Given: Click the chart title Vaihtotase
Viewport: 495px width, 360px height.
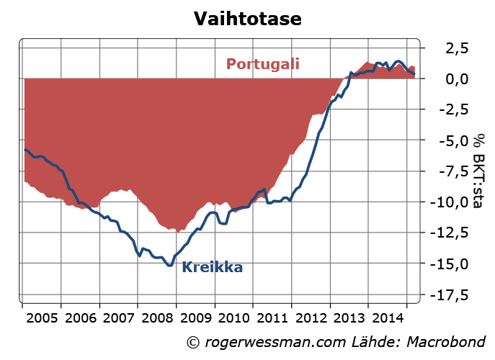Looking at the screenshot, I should point(247,18).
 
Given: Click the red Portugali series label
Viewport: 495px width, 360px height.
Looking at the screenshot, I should point(262,63).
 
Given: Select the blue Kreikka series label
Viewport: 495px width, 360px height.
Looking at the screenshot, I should point(212,268).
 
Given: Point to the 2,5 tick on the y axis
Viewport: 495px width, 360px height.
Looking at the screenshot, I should point(452,48).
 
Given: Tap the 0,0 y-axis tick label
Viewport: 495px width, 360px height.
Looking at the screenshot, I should point(452,78).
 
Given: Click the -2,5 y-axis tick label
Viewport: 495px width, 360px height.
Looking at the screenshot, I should point(450,109).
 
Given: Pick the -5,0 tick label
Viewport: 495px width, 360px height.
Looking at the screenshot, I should point(450,140).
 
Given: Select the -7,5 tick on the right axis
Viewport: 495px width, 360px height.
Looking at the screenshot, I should point(450,171).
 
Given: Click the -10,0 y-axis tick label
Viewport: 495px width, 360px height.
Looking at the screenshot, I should point(446,202).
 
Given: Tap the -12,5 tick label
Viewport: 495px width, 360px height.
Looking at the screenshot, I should point(446,233).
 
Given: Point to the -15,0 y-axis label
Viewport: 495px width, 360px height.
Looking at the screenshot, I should point(446,264).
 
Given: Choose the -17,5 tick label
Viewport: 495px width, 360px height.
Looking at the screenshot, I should point(446,295).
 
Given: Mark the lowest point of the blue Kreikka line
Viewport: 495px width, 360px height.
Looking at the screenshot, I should point(170,266).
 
